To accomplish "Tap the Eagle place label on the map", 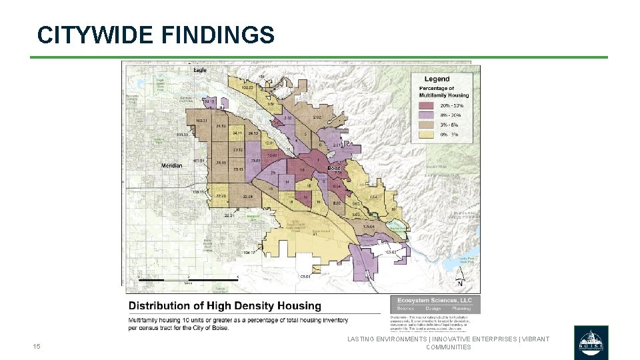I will point(200,70).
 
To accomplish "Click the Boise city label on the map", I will point(333,168).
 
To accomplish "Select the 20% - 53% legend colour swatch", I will point(428,105).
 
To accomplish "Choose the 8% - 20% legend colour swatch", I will point(428,115).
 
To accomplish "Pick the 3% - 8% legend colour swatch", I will point(428,125).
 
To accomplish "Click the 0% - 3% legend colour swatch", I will point(428,134).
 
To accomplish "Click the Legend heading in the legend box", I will point(437,79).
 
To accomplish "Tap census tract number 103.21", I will point(201,121).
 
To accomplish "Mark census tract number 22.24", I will point(248,197).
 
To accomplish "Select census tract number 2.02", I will point(316,117).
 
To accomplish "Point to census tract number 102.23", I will point(247,87).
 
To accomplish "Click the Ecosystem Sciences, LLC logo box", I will point(434,304).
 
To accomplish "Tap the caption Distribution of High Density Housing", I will point(225,306).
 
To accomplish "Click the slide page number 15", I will point(37,346).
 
